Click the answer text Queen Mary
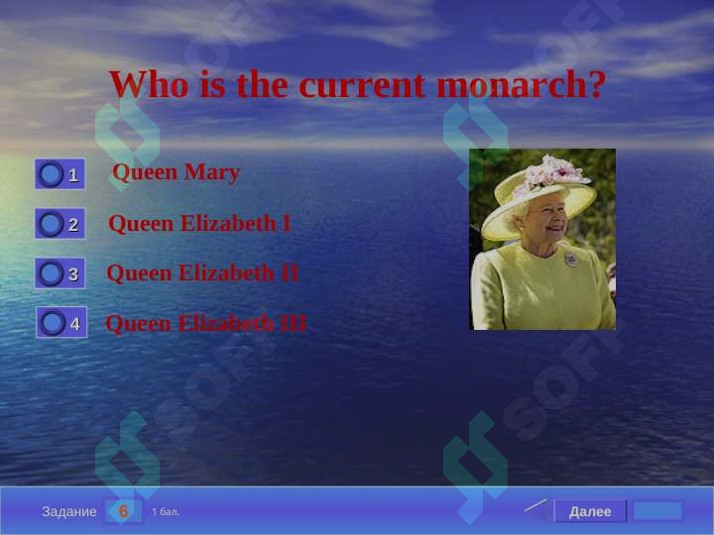[176, 173]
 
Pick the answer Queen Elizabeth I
[199, 223]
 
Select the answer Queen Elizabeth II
[202, 273]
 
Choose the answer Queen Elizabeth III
[206, 323]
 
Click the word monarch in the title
[521, 84]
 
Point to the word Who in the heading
[149, 84]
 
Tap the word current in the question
[363, 85]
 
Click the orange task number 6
[123, 511]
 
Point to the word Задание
[69, 512]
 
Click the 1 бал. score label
[166, 512]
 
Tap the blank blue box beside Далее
[657, 511]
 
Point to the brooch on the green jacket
[571, 259]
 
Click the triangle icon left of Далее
[537, 510]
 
